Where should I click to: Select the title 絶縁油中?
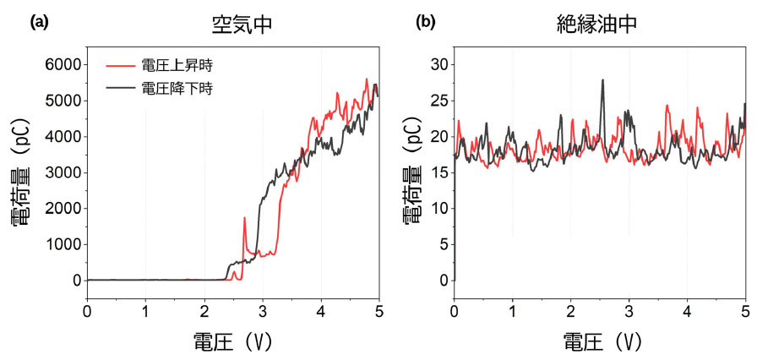(x=602, y=24)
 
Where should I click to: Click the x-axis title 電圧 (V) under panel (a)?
(x=231, y=341)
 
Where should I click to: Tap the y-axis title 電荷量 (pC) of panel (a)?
(x=23, y=172)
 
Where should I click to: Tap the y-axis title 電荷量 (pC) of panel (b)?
(x=412, y=172)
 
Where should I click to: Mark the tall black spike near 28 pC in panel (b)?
(x=602, y=81)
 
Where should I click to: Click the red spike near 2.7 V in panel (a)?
(x=244, y=219)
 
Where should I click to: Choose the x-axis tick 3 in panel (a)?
(x=262, y=310)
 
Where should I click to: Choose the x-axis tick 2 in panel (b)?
(x=571, y=310)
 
